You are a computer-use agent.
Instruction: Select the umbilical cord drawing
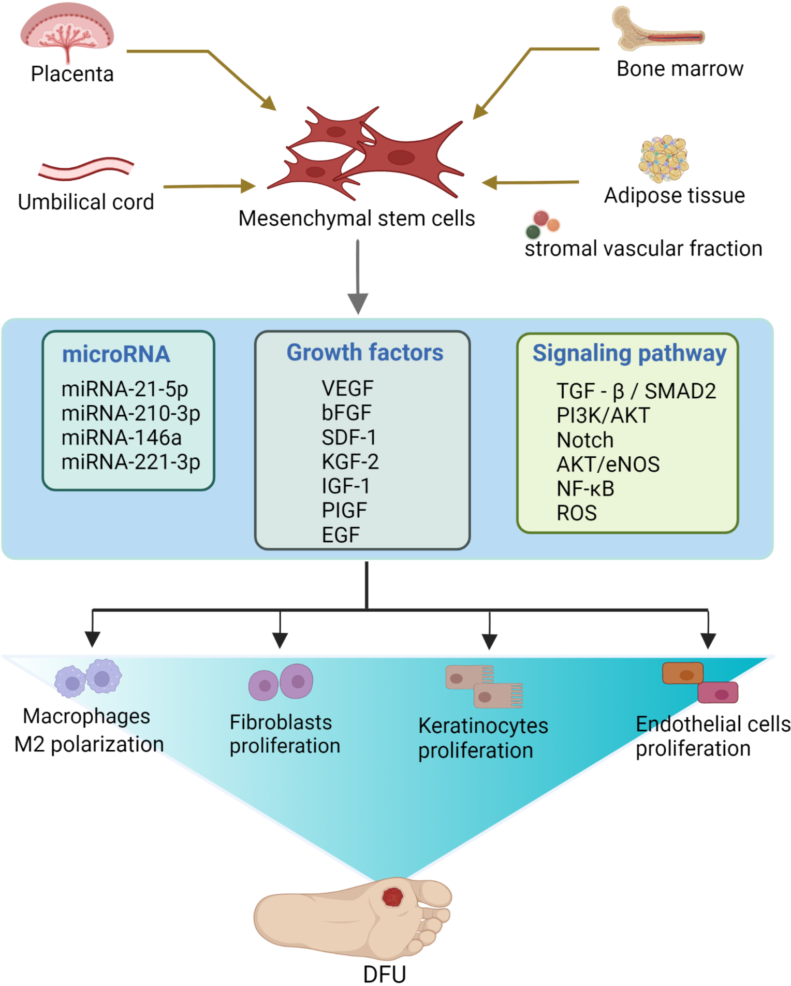coord(86,168)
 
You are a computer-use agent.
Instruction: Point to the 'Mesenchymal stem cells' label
coord(357,219)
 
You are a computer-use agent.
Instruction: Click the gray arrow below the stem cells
coord(358,277)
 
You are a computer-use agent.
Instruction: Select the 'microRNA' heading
coord(116,354)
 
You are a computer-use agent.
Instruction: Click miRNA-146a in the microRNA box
coord(122,438)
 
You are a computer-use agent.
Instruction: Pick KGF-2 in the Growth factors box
coord(350,461)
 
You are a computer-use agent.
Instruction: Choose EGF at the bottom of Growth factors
coord(341,535)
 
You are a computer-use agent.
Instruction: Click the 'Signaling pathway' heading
coord(629,354)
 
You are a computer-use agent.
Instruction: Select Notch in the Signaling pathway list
coord(585,440)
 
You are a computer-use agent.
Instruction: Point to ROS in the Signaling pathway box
coord(577,513)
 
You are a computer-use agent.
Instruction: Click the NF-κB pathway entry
coord(585,489)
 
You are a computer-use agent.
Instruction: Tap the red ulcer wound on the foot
coord(393,897)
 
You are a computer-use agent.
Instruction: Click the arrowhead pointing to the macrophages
coord(92,640)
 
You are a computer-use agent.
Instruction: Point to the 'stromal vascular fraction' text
coord(643,249)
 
